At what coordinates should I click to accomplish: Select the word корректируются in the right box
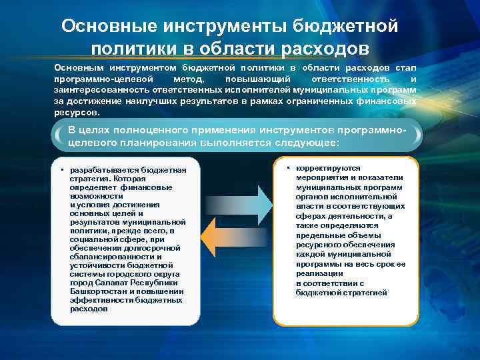tap(327, 169)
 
